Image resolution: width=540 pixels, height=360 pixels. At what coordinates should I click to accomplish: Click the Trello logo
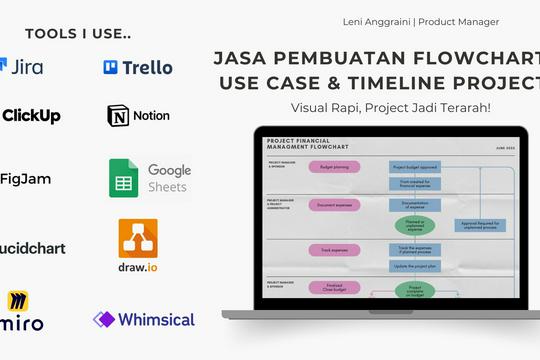coord(138,67)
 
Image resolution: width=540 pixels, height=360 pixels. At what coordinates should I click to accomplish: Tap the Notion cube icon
coord(118,116)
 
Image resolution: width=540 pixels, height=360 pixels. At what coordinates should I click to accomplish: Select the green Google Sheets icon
coord(123,178)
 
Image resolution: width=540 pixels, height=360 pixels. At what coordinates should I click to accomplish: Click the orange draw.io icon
coord(138,238)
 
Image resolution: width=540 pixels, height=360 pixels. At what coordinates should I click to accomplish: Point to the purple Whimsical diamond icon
coord(104,320)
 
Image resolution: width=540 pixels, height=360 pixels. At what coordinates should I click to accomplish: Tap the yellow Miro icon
coord(18,302)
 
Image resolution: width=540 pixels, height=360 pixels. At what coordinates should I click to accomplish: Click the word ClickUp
coord(31,116)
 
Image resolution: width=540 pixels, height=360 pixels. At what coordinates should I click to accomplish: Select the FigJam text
coord(27,179)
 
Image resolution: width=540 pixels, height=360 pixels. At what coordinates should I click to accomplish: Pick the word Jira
coord(27,67)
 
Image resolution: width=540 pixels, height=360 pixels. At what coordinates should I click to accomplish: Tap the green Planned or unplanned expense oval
coord(415,224)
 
